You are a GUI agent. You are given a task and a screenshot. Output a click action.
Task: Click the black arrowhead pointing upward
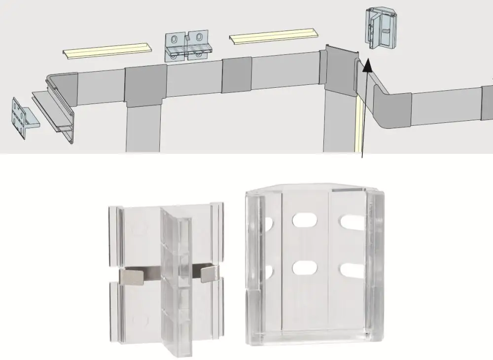366,65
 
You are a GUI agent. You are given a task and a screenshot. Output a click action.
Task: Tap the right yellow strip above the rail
273,36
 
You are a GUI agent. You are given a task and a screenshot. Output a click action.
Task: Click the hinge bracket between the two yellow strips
188,47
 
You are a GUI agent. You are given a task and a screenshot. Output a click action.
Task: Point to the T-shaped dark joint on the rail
145,86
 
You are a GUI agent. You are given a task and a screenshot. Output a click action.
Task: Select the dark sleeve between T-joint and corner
237,75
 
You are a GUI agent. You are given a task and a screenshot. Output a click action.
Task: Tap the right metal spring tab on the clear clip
209,273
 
